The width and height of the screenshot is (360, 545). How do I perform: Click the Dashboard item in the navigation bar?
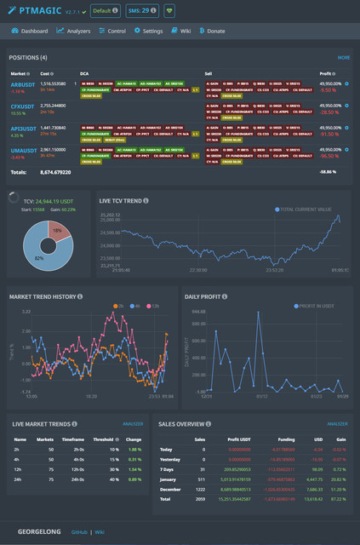tap(30, 31)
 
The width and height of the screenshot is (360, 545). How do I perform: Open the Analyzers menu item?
tap(74, 31)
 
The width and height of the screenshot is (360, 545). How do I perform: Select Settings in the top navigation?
tap(149, 31)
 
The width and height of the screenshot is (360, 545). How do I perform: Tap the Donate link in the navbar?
tap(215, 31)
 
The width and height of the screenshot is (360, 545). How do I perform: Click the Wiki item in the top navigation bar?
tap(181, 31)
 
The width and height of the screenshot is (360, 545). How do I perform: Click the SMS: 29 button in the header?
tap(141, 11)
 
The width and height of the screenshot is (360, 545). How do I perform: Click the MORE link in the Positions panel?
tap(343, 58)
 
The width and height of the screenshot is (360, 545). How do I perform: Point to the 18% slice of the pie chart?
tap(55, 231)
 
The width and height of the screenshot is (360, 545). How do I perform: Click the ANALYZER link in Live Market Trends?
tap(132, 423)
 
